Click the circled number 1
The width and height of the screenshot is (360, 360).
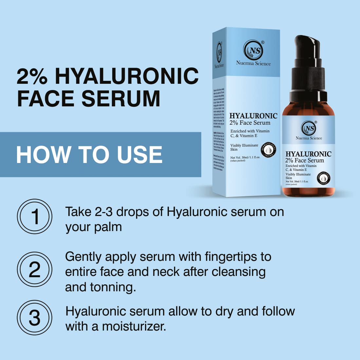pyautogui.click(x=34, y=216)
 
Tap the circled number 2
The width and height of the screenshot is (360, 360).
pyautogui.click(x=34, y=269)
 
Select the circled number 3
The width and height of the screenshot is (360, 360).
pyautogui.click(x=34, y=317)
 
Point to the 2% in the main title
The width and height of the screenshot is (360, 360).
pyautogui.click(x=32, y=76)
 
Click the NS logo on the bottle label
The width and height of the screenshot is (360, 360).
pyautogui.click(x=309, y=128)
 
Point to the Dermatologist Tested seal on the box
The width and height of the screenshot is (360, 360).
pyautogui.click(x=268, y=150)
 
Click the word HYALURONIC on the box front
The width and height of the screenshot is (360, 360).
pyautogui.click(x=253, y=116)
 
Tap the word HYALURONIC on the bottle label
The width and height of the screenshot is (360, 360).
pyautogui.click(x=308, y=154)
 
